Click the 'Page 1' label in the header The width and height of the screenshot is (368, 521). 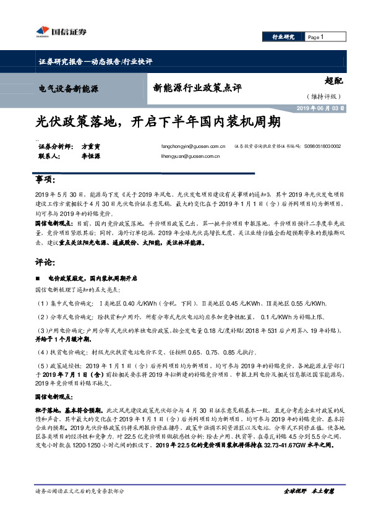[x=317, y=38]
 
